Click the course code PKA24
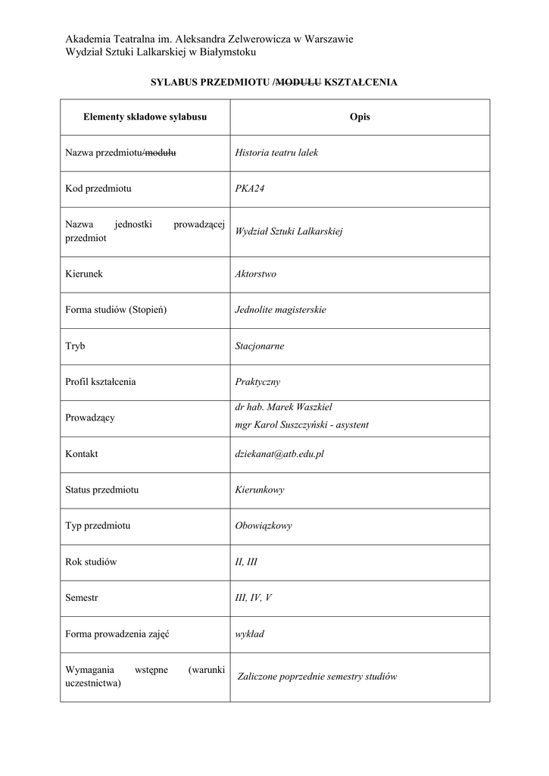tap(250, 189)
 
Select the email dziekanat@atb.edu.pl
tap(279, 454)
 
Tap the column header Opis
tap(360, 117)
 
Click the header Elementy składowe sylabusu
tap(145, 117)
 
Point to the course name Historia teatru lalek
tap(276, 152)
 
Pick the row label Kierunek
tap(84, 274)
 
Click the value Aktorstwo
tap(256, 274)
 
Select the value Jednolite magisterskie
tap(281, 310)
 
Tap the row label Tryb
tap(76, 346)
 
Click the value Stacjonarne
tap(260, 346)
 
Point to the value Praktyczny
tap(257, 382)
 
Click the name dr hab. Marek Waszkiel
tap(284, 407)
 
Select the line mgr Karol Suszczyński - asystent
tap(302, 425)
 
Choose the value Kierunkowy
tap(260, 490)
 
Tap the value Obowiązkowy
tap(264, 525)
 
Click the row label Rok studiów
tap(92, 562)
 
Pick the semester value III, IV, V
tap(254, 598)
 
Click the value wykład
tap(250, 634)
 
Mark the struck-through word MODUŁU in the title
tap(299, 81)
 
